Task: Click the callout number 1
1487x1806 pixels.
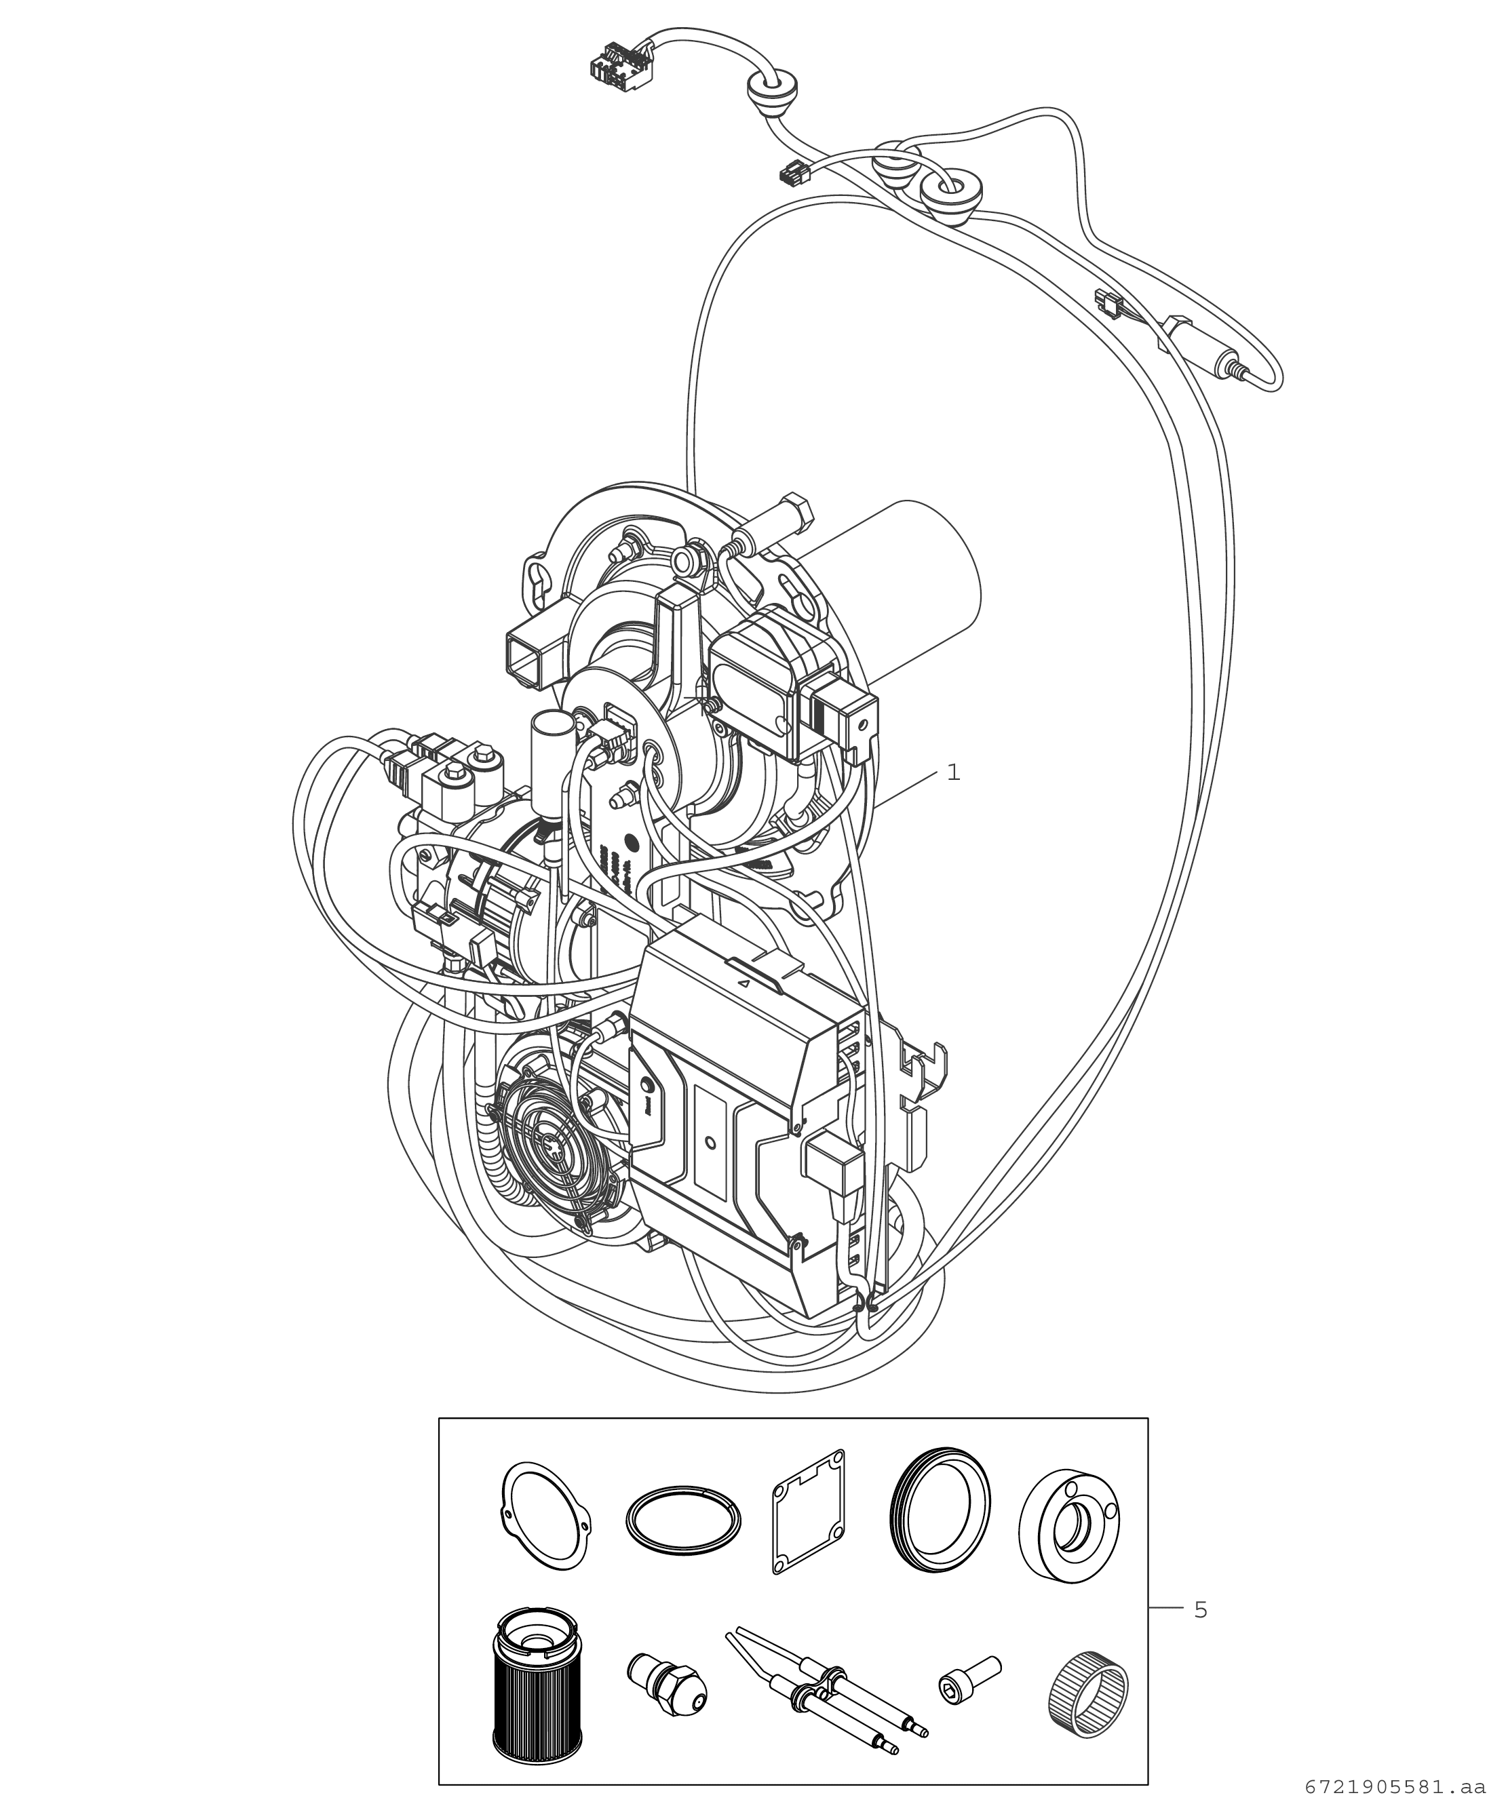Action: [x=953, y=772]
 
